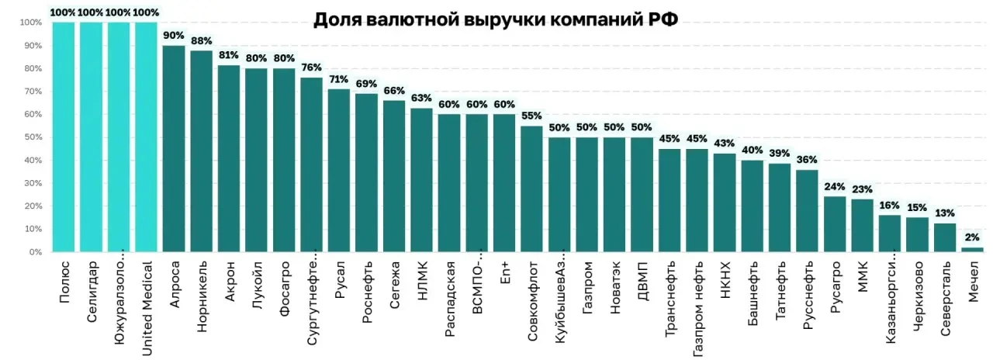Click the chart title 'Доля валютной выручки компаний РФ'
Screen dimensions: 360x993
496,19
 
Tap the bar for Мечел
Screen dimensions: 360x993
972,250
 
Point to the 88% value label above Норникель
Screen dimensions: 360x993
201,41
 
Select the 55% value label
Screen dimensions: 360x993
531,116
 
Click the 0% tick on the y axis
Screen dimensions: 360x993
34,252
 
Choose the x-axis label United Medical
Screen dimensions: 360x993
147,306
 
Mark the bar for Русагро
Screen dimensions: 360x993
835,224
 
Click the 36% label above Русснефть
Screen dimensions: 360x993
807,160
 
